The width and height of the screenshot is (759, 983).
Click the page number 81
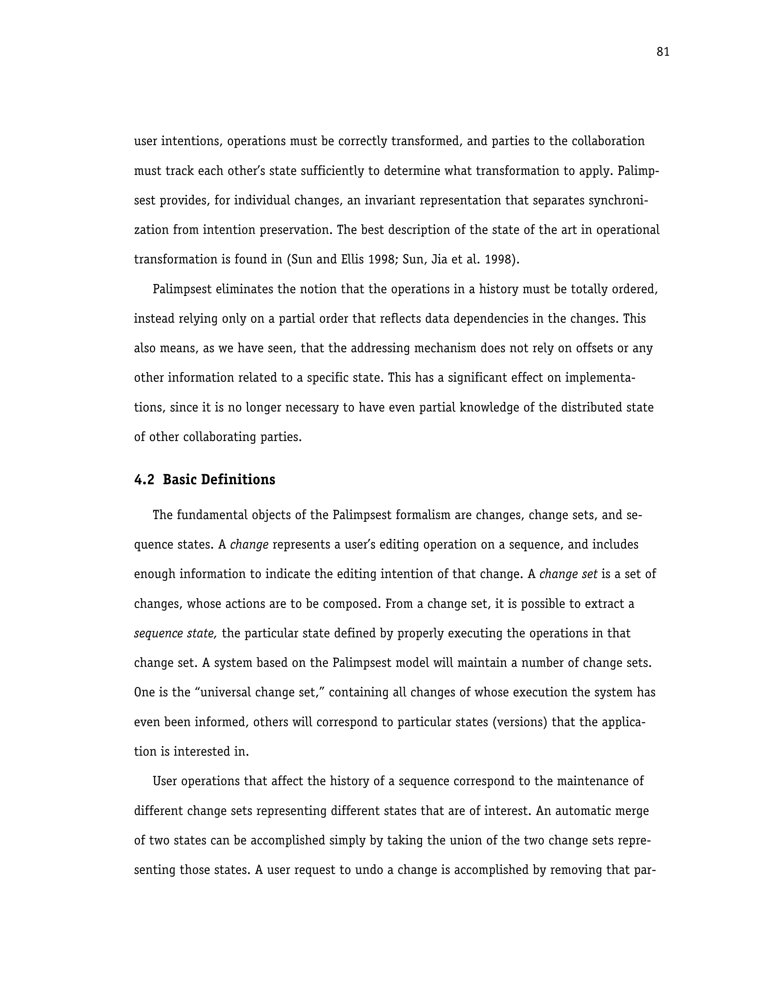(663, 52)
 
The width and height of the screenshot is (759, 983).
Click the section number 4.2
(144, 480)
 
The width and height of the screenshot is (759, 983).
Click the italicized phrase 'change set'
(568, 574)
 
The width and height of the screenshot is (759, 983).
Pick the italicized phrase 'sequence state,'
(176, 634)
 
